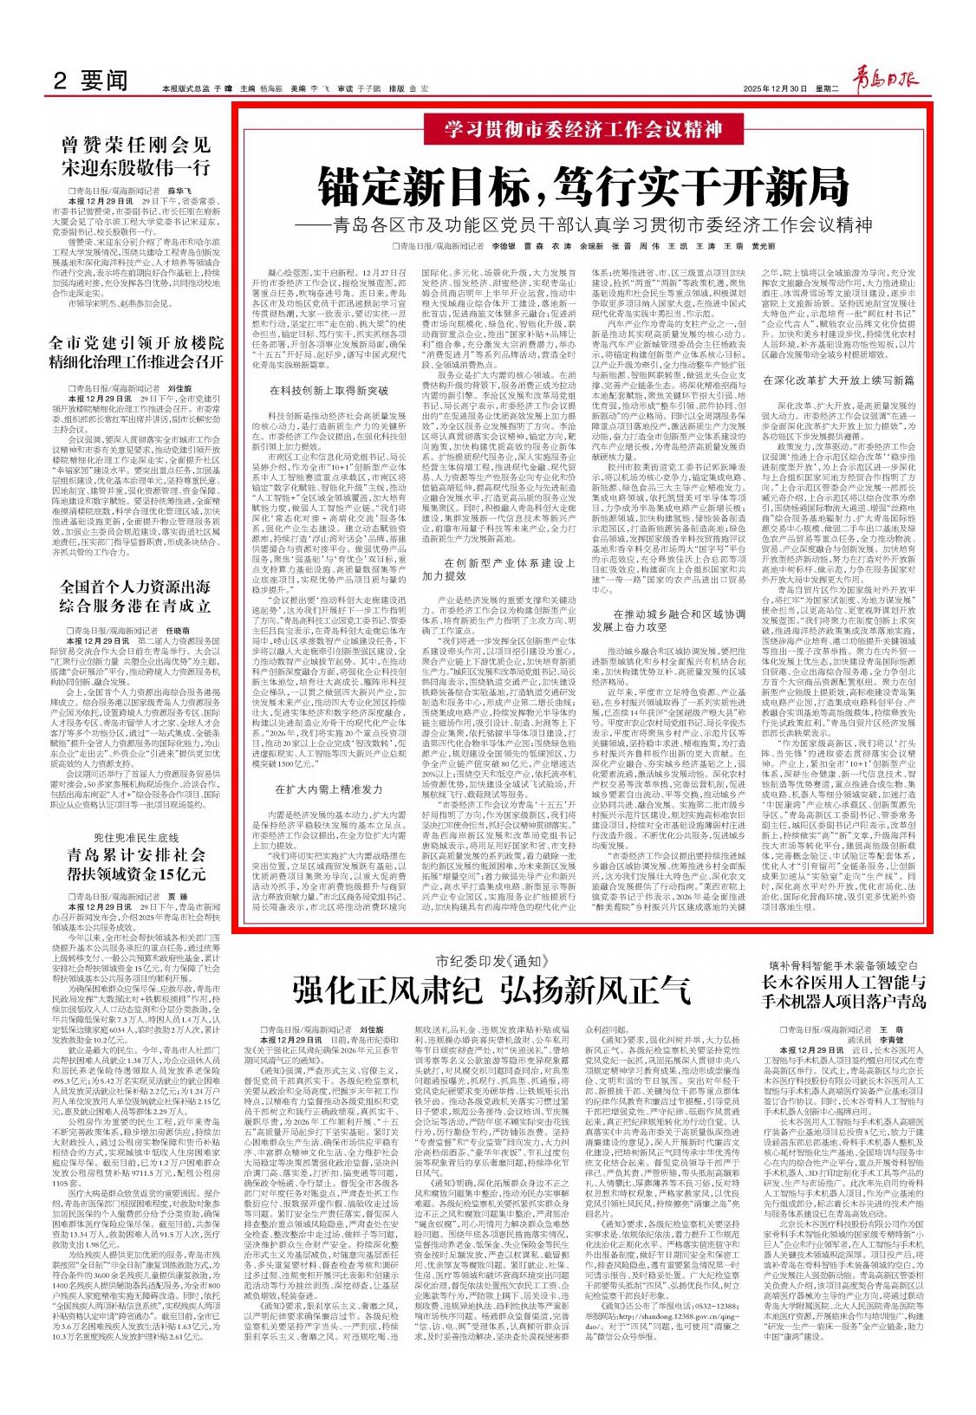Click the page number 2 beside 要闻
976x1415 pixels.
pos(61,80)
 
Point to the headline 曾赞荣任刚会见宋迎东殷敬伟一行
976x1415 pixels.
pos(135,155)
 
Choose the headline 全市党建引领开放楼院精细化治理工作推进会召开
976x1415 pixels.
pos(135,352)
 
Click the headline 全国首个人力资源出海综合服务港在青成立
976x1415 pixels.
pos(135,595)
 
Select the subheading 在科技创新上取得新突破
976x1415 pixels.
pos(329,392)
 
